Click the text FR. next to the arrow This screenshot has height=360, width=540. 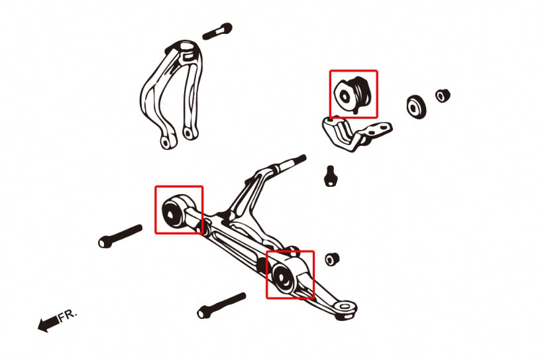68,315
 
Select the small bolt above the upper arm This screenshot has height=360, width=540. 217,31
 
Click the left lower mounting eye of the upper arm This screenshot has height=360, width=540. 167,142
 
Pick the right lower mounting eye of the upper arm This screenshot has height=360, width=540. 189,133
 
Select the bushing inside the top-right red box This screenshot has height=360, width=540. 352,93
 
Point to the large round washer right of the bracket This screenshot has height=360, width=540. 416,107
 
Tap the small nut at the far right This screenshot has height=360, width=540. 443,95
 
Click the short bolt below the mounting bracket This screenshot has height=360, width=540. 331,176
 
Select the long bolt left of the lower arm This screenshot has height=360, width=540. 120,236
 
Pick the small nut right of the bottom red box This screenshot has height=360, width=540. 332,259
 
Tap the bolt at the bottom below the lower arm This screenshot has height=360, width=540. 221,306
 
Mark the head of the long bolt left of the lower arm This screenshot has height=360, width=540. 105,241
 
